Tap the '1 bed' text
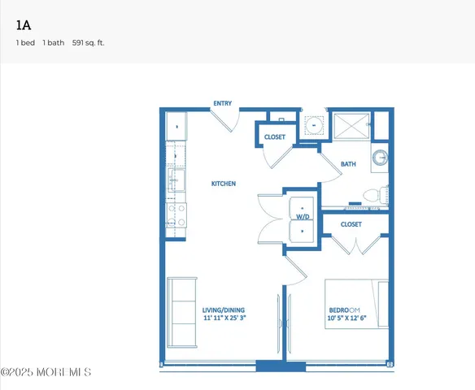pos(25,42)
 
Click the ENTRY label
pos(222,104)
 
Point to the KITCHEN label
pos(224,184)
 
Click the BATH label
pos(347,164)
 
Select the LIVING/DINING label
pos(224,310)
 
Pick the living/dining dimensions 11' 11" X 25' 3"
pos(224,318)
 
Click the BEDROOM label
pos(344,310)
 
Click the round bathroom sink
pos(380,158)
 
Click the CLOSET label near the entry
pos(275,137)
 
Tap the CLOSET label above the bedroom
pos(351,224)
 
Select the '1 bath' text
pos(54,42)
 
